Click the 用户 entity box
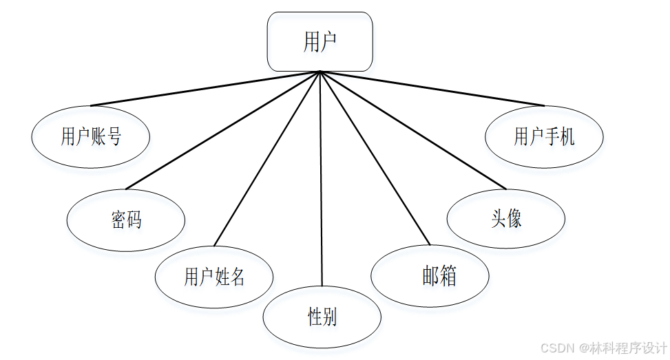point(320,41)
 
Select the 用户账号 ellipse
point(90,136)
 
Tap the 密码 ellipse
point(126,220)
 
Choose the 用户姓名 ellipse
point(214,277)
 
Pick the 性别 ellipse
point(322,317)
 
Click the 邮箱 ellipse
point(430,276)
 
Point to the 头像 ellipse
point(505,219)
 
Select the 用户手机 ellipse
point(544,136)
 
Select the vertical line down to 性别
point(321,179)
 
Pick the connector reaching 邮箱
point(375,158)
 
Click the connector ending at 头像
point(413,130)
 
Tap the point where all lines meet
point(320,72)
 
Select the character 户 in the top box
point(328,42)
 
